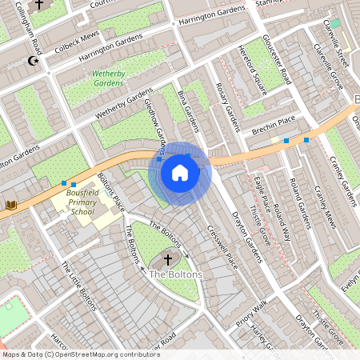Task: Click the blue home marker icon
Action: point(180,172)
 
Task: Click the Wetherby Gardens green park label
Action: point(108,78)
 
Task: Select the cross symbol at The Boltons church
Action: point(167,260)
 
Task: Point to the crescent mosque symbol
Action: point(33,61)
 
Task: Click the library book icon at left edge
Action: point(11,206)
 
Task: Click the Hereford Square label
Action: point(250,70)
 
